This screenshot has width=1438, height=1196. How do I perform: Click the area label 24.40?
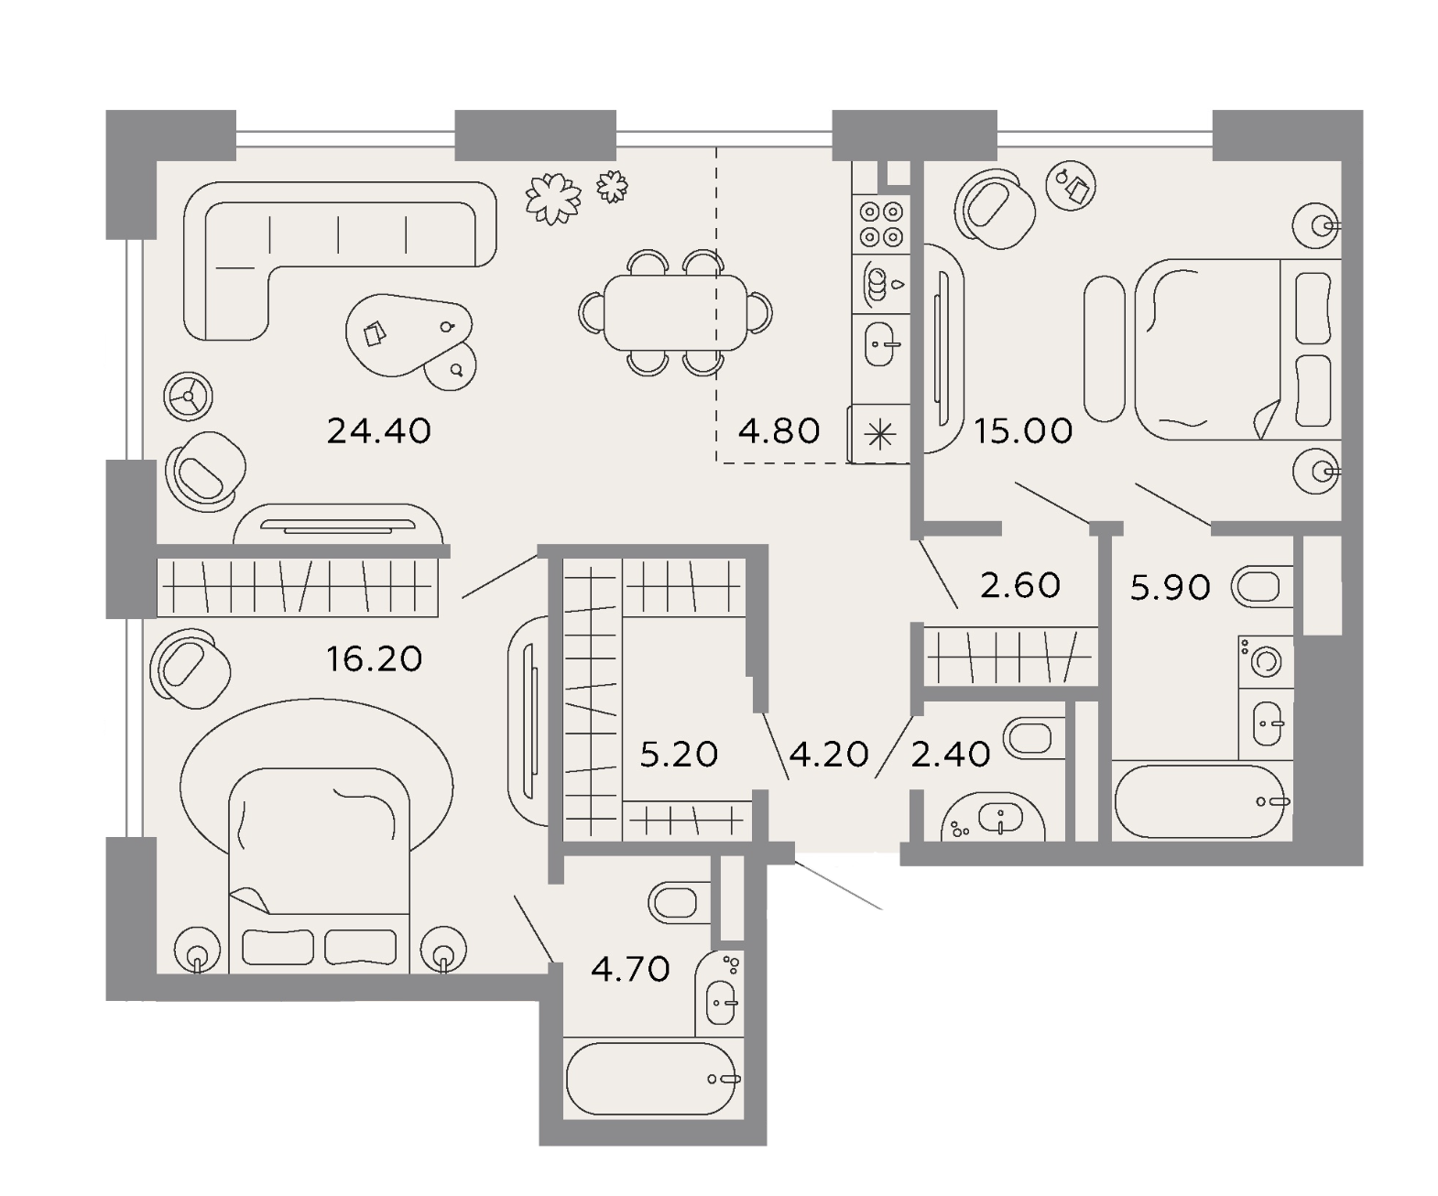pyautogui.click(x=379, y=431)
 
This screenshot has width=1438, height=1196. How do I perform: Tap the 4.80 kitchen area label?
pyautogui.click(x=779, y=431)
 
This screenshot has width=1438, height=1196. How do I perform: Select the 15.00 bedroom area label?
pyautogui.click(x=1023, y=431)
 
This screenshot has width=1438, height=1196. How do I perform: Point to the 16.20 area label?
pyautogui.click(x=374, y=659)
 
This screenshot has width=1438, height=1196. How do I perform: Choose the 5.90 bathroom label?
pyautogui.click(x=1171, y=587)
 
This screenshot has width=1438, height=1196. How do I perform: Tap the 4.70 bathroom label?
pyautogui.click(x=630, y=970)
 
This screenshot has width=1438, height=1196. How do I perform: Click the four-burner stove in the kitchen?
pyautogui.click(x=881, y=224)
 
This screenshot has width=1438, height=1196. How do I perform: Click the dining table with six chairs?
pyautogui.click(x=675, y=312)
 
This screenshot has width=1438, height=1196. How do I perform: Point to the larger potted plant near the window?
pyautogui.click(x=552, y=199)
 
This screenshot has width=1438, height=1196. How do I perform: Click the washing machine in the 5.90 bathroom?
pyautogui.click(x=1265, y=661)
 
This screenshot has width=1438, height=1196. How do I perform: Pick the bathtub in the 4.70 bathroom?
pyautogui.click(x=651, y=1079)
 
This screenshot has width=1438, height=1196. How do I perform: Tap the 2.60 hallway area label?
pyautogui.click(x=1020, y=585)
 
